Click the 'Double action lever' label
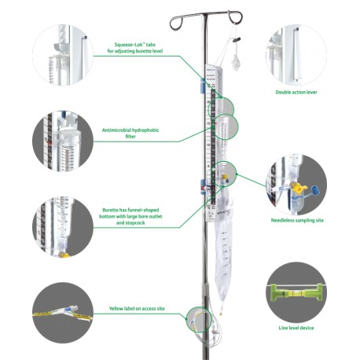pyautogui.click(x=296, y=92)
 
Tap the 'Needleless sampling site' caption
pyautogui.click(x=297, y=220)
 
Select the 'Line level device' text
pyautogui.click(x=296, y=328)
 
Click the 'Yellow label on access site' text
pyautogui.click(x=137, y=309)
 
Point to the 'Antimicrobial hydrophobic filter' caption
pyautogui.click(x=130, y=133)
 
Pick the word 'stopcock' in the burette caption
pyautogui.click(x=130, y=222)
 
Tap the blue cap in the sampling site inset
pyautogui.click(x=315, y=190)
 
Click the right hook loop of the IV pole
pyautogui.click(x=235, y=17)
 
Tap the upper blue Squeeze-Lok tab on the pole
pyautogui.click(x=202, y=86)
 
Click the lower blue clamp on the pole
pyautogui.click(x=203, y=186)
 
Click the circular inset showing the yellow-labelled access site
pyautogui.click(x=63, y=313)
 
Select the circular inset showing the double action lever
pyautogui.click(x=296, y=55)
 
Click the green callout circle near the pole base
pyautogui.click(x=199, y=320)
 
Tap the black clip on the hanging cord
pyautogui.click(x=237, y=40)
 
